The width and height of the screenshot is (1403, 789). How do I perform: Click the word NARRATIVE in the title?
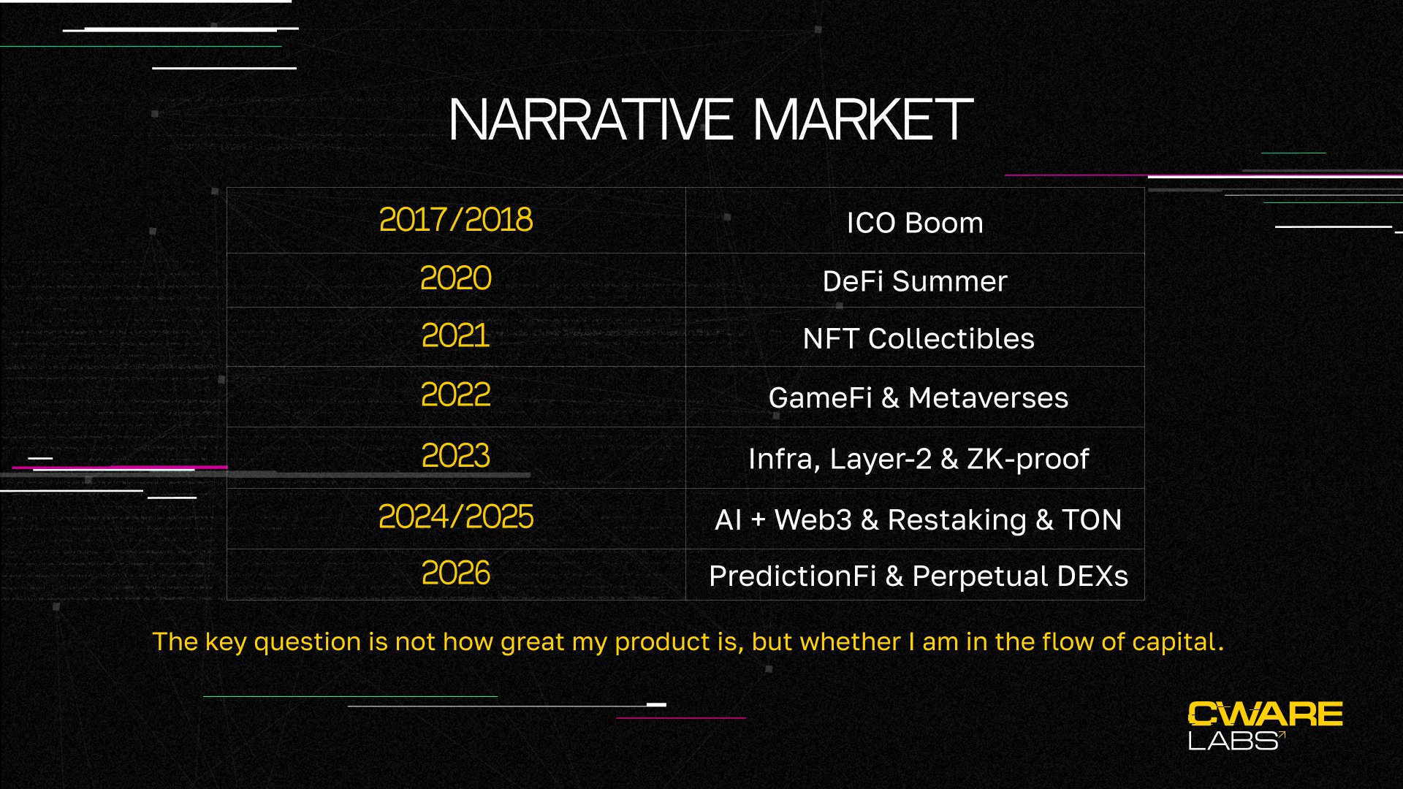(x=590, y=120)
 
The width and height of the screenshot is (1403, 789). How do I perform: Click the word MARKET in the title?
(x=863, y=120)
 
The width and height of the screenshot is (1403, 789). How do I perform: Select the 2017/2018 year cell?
(x=456, y=220)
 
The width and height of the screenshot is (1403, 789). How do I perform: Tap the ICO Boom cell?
(x=915, y=222)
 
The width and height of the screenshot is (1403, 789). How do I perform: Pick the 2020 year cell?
(x=456, y=279)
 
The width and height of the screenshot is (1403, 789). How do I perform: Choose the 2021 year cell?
(x=456, y=336)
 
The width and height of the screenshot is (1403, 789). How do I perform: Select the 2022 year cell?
(x=456, y=395)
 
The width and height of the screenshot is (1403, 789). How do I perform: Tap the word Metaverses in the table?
(x=988, y=398)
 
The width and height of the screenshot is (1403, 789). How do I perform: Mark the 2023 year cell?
(x=456, y=457)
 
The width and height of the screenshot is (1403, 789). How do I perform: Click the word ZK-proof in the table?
(x=1027, y=459)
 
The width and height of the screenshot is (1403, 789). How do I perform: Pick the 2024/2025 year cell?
(x=456, y=517)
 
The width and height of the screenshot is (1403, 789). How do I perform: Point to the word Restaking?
(x=957, y=520)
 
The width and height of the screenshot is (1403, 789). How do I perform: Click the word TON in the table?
(x=1092, y=520)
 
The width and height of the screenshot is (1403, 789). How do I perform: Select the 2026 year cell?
(x=456, y=574)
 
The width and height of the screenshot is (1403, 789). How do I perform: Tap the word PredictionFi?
(x=792, y=576)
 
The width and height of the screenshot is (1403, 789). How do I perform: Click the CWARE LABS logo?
(x=1266, y=725)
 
